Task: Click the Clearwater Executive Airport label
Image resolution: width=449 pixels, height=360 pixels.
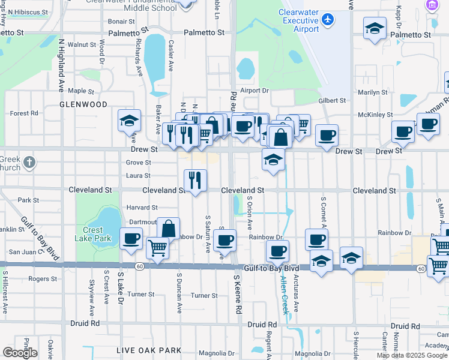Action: point(298,20)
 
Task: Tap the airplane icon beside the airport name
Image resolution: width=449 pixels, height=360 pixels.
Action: point(328,20)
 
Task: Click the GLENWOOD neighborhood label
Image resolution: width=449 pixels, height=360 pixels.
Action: point(83,104)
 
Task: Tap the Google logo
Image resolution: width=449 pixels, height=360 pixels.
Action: point(20,353)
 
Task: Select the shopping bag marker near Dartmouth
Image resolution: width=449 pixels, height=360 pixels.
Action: point(169,229)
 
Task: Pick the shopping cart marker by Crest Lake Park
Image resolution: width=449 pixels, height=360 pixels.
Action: point(157,247)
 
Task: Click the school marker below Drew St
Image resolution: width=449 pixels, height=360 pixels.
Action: point(273,160)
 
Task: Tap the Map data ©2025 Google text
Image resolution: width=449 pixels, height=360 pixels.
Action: point(412,355)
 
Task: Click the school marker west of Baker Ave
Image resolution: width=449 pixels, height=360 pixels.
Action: point(130,121)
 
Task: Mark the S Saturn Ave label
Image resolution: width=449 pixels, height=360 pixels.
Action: point(208,233)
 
